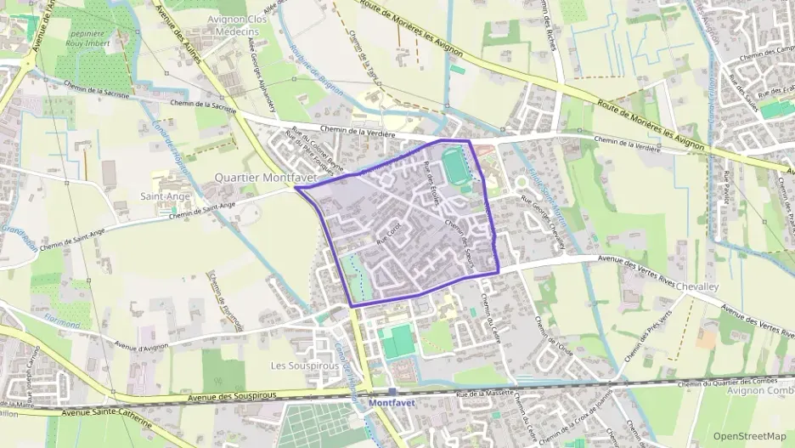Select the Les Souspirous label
(304, 366)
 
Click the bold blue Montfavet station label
(392, 402)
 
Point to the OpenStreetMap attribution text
(749, 436)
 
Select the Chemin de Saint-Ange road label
(202, 210)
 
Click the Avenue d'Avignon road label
(143, 346)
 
